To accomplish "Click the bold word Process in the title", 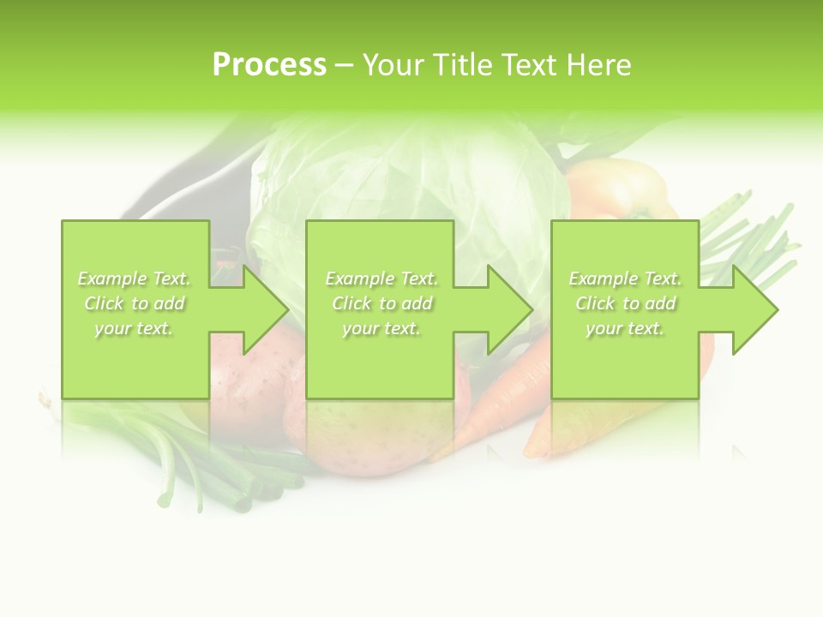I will click(269, 65).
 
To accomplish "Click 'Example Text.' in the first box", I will click(135, 279).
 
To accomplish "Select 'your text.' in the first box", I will click(134, 328).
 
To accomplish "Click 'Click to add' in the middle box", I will click(381, 303).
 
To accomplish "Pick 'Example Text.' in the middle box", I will click(381, 279).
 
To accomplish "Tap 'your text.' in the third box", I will click(625, 328).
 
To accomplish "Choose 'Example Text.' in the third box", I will click(625, 279).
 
